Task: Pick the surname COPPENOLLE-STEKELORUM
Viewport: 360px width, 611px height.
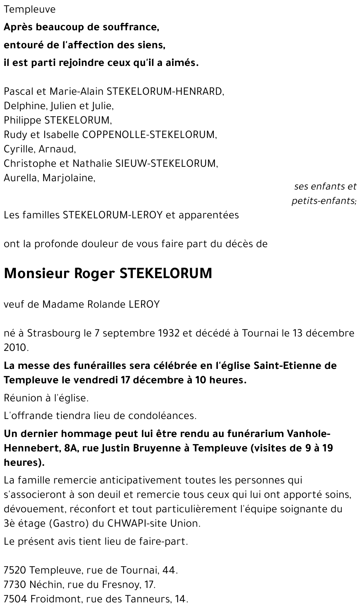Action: (x=149, y=135)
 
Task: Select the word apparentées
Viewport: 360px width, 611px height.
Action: (x=208, y=215)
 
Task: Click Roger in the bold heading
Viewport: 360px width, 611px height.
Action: (x=94, y=273)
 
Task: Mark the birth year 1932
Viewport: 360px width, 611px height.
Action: (x=168, y=333)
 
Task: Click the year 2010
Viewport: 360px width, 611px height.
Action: (x=15, y=348)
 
